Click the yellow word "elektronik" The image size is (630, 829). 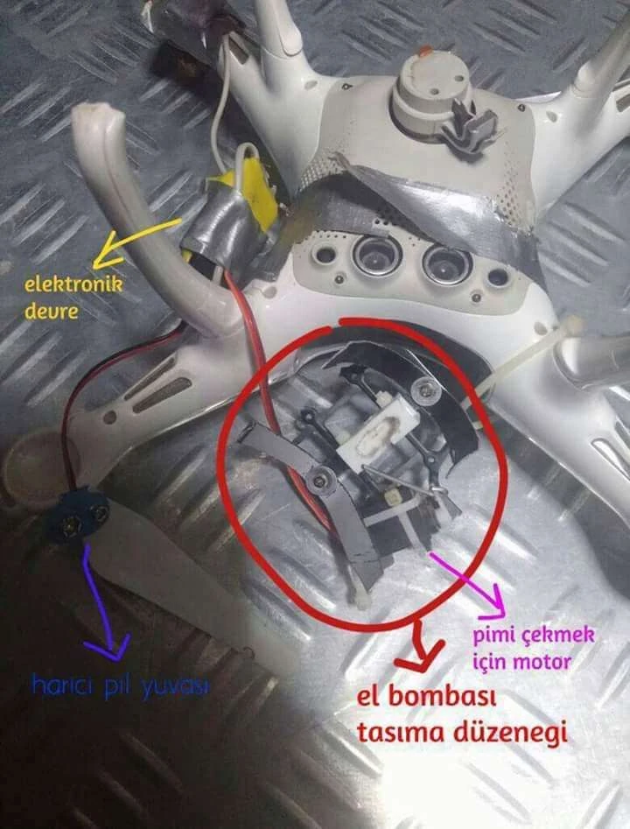tap(74, 285)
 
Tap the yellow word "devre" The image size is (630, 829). tap(52, 311)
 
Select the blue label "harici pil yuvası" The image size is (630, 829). tap(121, 685)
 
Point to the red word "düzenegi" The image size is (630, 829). tap(510, 734)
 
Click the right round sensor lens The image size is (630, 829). tap(446, 263)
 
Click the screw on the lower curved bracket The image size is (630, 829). tap(319, 479)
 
